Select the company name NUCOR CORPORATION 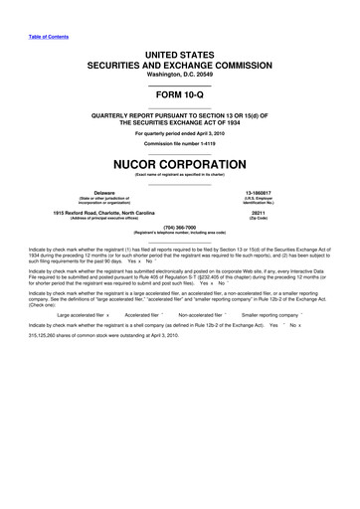pos(179,164)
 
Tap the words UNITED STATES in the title pos(179,36)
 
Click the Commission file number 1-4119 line pos(179,140)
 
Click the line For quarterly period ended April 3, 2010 pos(179,129)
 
